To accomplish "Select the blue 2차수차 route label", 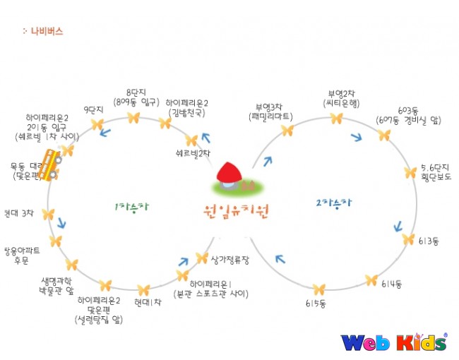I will [x=333, y=203].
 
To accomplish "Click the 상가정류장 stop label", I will [x=230, y=259].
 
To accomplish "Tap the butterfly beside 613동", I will [x=408, y=239].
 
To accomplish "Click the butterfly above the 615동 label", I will [x=319, y=289].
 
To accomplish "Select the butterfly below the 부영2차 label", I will [x=337, y=118].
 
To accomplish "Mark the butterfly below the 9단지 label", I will [x=97, y=125].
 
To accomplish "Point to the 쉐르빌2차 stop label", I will [x=193, y=152].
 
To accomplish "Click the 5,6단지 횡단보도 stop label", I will [x=434, y=172].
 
